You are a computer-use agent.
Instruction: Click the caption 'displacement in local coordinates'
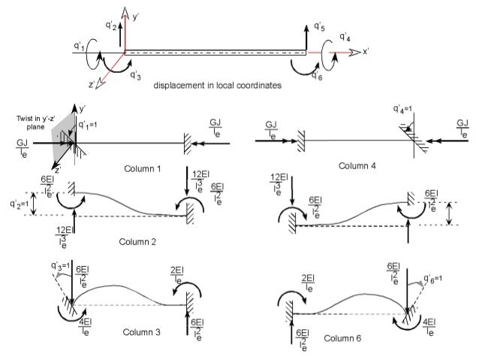pos(218,86)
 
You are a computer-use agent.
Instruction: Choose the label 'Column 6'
pos(346,339)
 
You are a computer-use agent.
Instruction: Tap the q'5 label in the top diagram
pos(319,28)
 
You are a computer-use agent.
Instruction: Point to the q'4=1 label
pos(405,109)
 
